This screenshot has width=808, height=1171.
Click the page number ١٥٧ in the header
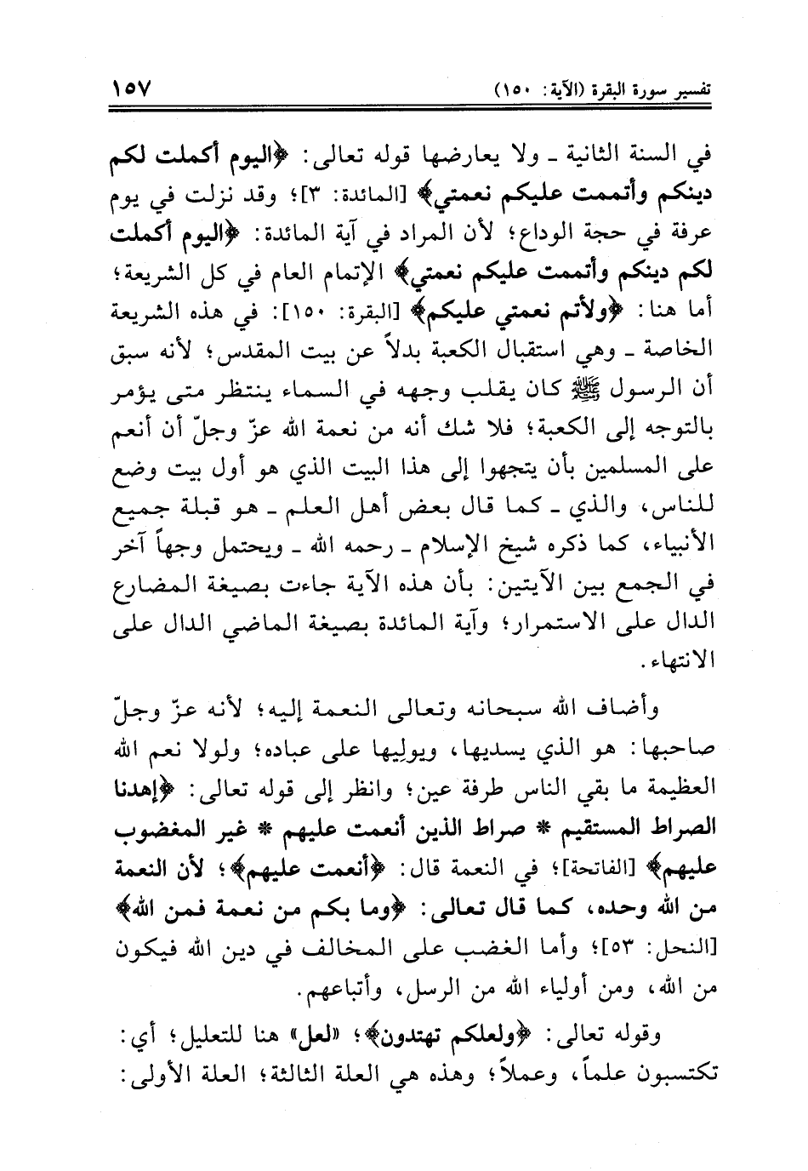tap(128, 88)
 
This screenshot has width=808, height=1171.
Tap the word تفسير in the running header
tap(691, 88)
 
